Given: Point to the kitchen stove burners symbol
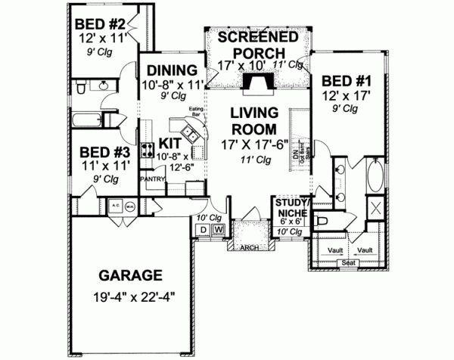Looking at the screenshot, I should click(147, 147).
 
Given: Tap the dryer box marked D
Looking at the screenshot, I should click(205, 228).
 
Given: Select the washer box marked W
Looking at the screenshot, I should click(218, 228).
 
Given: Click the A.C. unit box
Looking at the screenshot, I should click(117, 205).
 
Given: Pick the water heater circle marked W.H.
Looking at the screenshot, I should click(130, 205).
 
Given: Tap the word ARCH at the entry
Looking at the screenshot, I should click(247, 247).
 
